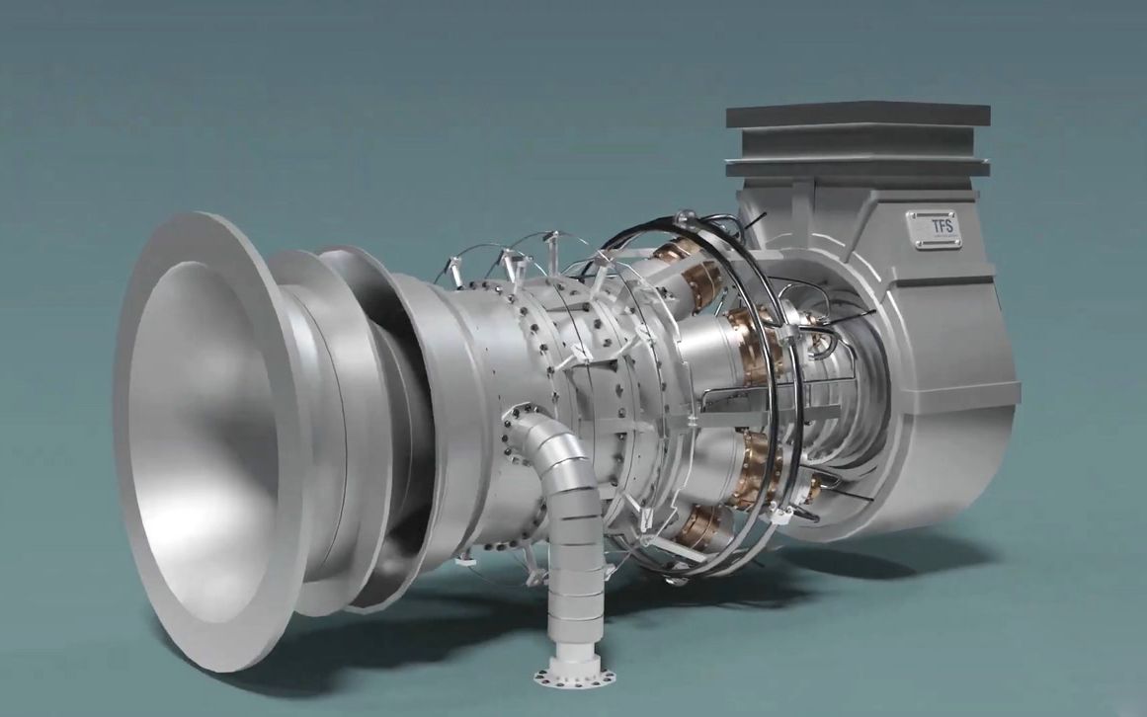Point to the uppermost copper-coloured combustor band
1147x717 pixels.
coord(677,255)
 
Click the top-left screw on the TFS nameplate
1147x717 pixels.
coord(912,215)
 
